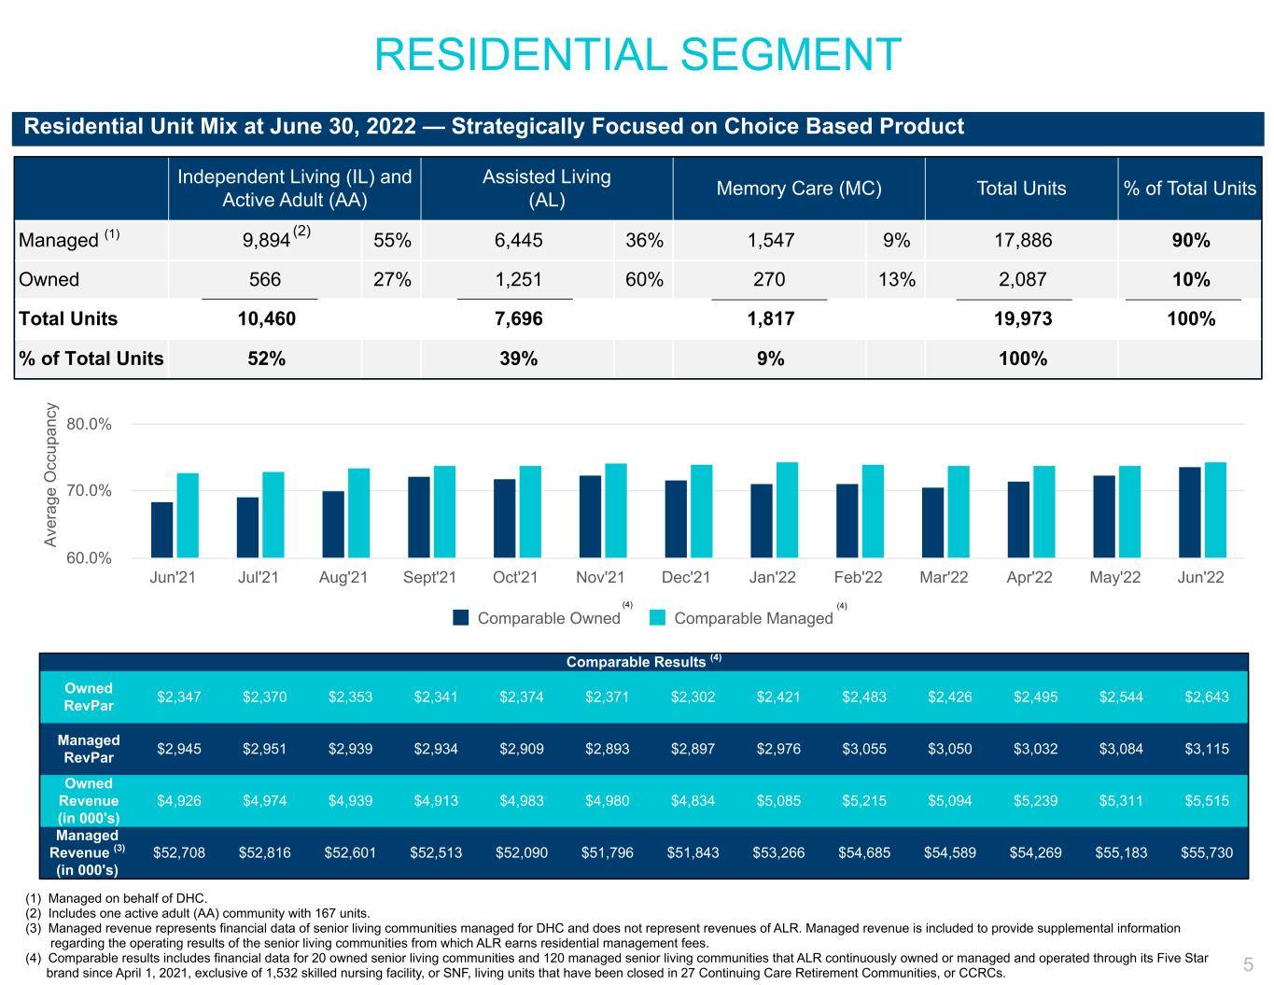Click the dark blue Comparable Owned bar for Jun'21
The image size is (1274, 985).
[161, 529]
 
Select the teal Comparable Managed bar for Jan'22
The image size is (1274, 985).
[787, 510]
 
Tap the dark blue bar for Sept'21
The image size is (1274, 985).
[419, 517]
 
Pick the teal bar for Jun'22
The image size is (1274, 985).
[1215, 510]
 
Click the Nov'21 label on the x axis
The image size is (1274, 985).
[602, 577]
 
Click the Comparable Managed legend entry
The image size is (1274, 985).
[752, 618]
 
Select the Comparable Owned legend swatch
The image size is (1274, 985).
[461, 618]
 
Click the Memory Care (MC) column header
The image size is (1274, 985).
[798, 189]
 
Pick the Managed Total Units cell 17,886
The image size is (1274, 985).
[1021, 240]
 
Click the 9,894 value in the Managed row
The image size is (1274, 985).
[266, 241]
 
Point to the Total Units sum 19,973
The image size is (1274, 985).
[1021, 318]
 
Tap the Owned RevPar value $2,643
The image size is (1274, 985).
[1203, 697]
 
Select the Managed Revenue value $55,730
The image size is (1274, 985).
[1203, 852]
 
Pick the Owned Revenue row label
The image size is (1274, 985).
[89, 800]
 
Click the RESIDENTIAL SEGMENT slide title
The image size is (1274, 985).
[637, 54]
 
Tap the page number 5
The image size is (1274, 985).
[1248, 964]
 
